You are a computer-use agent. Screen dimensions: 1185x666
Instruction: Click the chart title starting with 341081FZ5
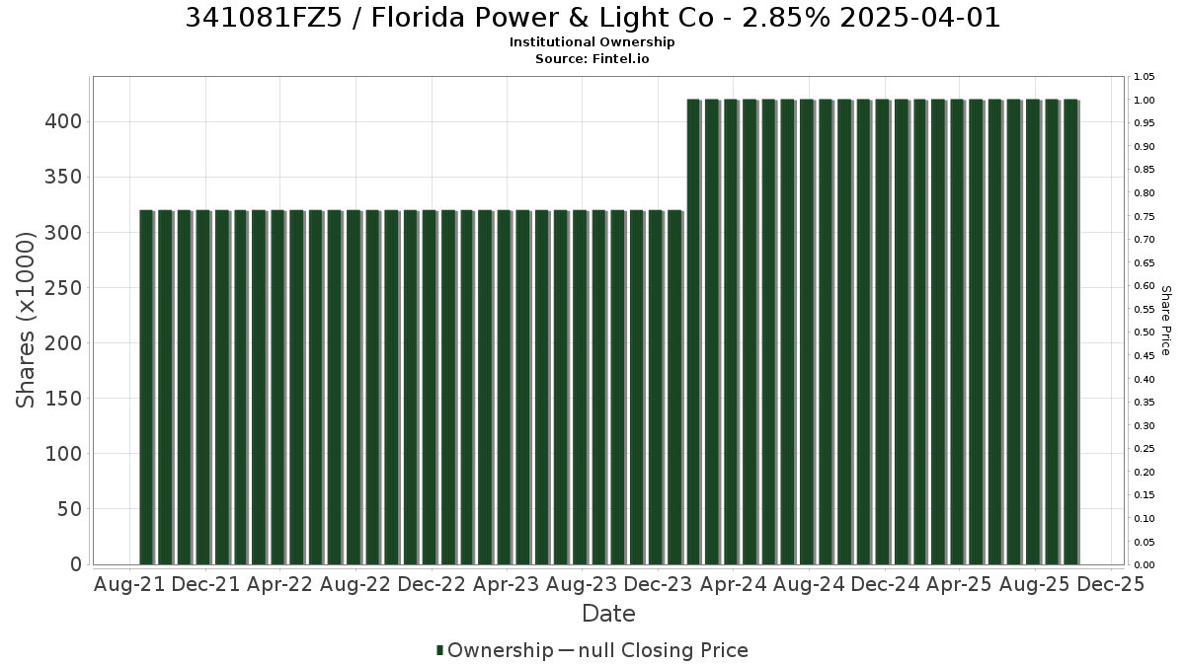[x=592, y=18]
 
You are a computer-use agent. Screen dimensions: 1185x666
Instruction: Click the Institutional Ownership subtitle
[x=592, y=42]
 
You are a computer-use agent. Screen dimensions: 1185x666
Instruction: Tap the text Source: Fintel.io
[x=592, y=58]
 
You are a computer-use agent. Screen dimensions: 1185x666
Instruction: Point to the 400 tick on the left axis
[x=63, y=122]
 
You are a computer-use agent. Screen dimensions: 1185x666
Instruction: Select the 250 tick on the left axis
[x=63, y=288]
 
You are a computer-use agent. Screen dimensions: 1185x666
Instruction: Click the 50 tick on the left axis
[x=70, y=509]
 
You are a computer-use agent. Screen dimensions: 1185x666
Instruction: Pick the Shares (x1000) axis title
[x=25, y=320]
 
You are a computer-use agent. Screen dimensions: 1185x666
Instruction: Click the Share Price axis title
[x=1165, y=321]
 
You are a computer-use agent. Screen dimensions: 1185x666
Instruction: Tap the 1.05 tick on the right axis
[x=1144, y=77]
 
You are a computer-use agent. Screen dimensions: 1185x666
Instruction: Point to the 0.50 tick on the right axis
[x=1144, y=333]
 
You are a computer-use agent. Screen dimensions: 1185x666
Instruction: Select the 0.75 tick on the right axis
[x=1144, y=217]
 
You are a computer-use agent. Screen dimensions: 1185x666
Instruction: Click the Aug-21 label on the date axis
[x=129, y=584]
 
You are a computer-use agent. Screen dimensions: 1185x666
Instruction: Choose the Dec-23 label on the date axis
[x=658, y=584]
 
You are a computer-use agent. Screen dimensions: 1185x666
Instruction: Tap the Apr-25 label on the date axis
[x=959, y=584]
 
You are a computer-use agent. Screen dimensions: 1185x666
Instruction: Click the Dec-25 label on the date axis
[x=1110, y=584]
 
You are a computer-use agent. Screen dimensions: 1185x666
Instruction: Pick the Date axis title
[x=608, y=614]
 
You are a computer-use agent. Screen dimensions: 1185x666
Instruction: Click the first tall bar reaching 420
[x=693, y=332]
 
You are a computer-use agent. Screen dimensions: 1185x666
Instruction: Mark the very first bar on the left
[x=146, y=388]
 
